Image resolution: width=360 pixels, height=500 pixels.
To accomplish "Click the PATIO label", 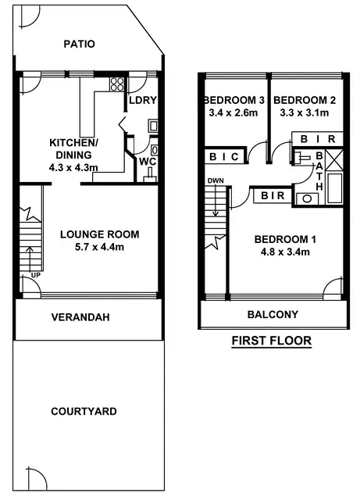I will point(79,45).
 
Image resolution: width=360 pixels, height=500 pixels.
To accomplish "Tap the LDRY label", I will point(144,101).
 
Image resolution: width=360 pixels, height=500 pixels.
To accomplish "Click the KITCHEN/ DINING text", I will point(73,148).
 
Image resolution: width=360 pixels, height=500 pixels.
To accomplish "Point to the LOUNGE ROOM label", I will point(99,234).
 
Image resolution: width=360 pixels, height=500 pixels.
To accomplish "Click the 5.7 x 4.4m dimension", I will point(99,248).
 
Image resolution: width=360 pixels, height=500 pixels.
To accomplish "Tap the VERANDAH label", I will point(79,318).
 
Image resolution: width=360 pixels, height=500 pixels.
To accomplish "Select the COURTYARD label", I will point(84,411).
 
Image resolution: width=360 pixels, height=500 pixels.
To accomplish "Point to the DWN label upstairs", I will point(216,181).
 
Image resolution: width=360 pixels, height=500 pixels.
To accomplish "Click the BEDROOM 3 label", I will point(235,100).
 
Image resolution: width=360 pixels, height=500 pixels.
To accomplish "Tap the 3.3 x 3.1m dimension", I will point(305,113).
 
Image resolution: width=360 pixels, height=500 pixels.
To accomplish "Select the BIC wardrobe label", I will point(224,157).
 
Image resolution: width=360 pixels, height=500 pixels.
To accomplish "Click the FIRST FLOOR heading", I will point(271,341).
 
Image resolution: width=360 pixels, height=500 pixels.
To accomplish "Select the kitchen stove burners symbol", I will point(118,84).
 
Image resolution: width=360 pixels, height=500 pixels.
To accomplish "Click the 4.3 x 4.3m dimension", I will point(73,166).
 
